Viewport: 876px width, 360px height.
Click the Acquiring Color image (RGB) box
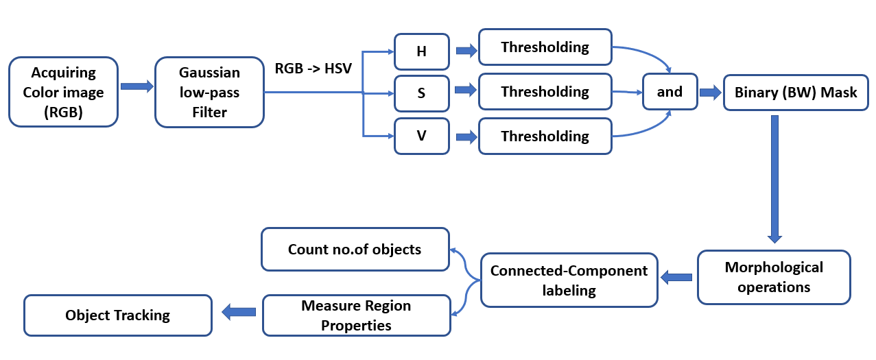click(63, 93)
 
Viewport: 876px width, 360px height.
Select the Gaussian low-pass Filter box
click(209, 93)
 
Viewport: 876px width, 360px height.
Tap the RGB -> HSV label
click(313, 69)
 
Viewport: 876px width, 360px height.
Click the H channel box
click(421, 51)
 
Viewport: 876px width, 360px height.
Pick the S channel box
click(421, 93)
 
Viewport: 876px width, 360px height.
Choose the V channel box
click(421, 136)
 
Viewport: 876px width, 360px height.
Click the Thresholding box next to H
click(545, 47)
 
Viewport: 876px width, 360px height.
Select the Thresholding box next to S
click(545, 92)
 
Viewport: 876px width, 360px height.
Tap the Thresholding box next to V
click(545, 136)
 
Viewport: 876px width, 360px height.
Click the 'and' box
click(669, 92)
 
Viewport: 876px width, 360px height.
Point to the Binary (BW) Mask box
click(796, 93)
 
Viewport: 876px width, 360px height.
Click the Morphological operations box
click(774, 277)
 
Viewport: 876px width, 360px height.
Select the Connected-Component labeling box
click(569, 280)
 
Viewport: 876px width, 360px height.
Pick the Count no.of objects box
click(355, 250)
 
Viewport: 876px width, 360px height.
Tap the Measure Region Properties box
click(356, 315)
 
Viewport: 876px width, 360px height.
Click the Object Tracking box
click(117, 315)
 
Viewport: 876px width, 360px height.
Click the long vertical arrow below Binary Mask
click(775, 178)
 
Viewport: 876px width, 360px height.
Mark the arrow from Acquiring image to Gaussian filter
click(137, 86)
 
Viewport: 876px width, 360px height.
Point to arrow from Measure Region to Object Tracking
click(238, 312)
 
